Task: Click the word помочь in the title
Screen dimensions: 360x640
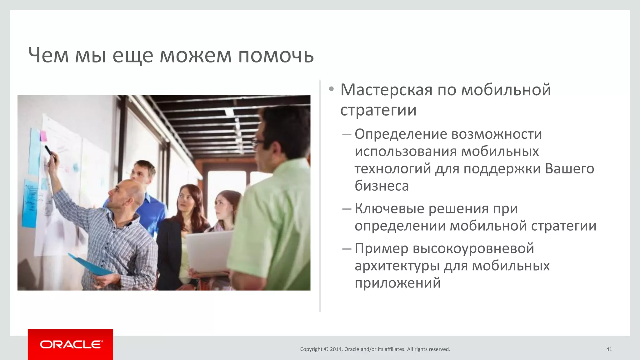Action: pyautogui.click(x=276, y=56)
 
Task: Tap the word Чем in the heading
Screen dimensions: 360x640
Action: pyautogui.click(x=48, y=56)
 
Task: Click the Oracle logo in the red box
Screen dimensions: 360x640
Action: pyautogui.click(x=71, y=344)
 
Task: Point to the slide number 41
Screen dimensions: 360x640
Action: pyautogui.click(x=609, y=349)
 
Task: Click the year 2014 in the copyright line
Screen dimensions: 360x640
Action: pyautogui.click(x=336, y=349)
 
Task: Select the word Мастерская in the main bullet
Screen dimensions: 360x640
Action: pyautogui.click(x=386, y=90)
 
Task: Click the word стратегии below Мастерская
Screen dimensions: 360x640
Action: pyautogui.click(x=378, y=110)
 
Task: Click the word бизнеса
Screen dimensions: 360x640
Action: pyautogui.click(x=382, y=186)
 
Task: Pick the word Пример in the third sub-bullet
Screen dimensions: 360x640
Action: pyautogui.click(x=381, y=248)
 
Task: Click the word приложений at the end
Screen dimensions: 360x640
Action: pyautogui.click(x=397, y=283)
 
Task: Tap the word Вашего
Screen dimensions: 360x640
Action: pyautogui.click(x=569, y=169)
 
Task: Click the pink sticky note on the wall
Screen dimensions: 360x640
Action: pyautogui.click(x=43, y=136)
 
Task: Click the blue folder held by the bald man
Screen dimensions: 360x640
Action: pyautogui.click(x=89, y=266)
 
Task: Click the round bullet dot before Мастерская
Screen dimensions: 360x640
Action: pyautogui.click(x=331, y=89)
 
